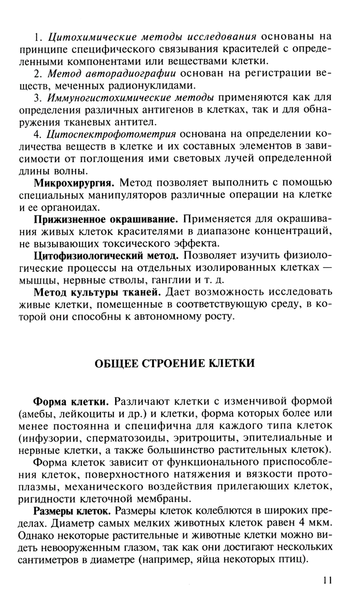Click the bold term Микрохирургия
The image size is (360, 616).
coord(74,183)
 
